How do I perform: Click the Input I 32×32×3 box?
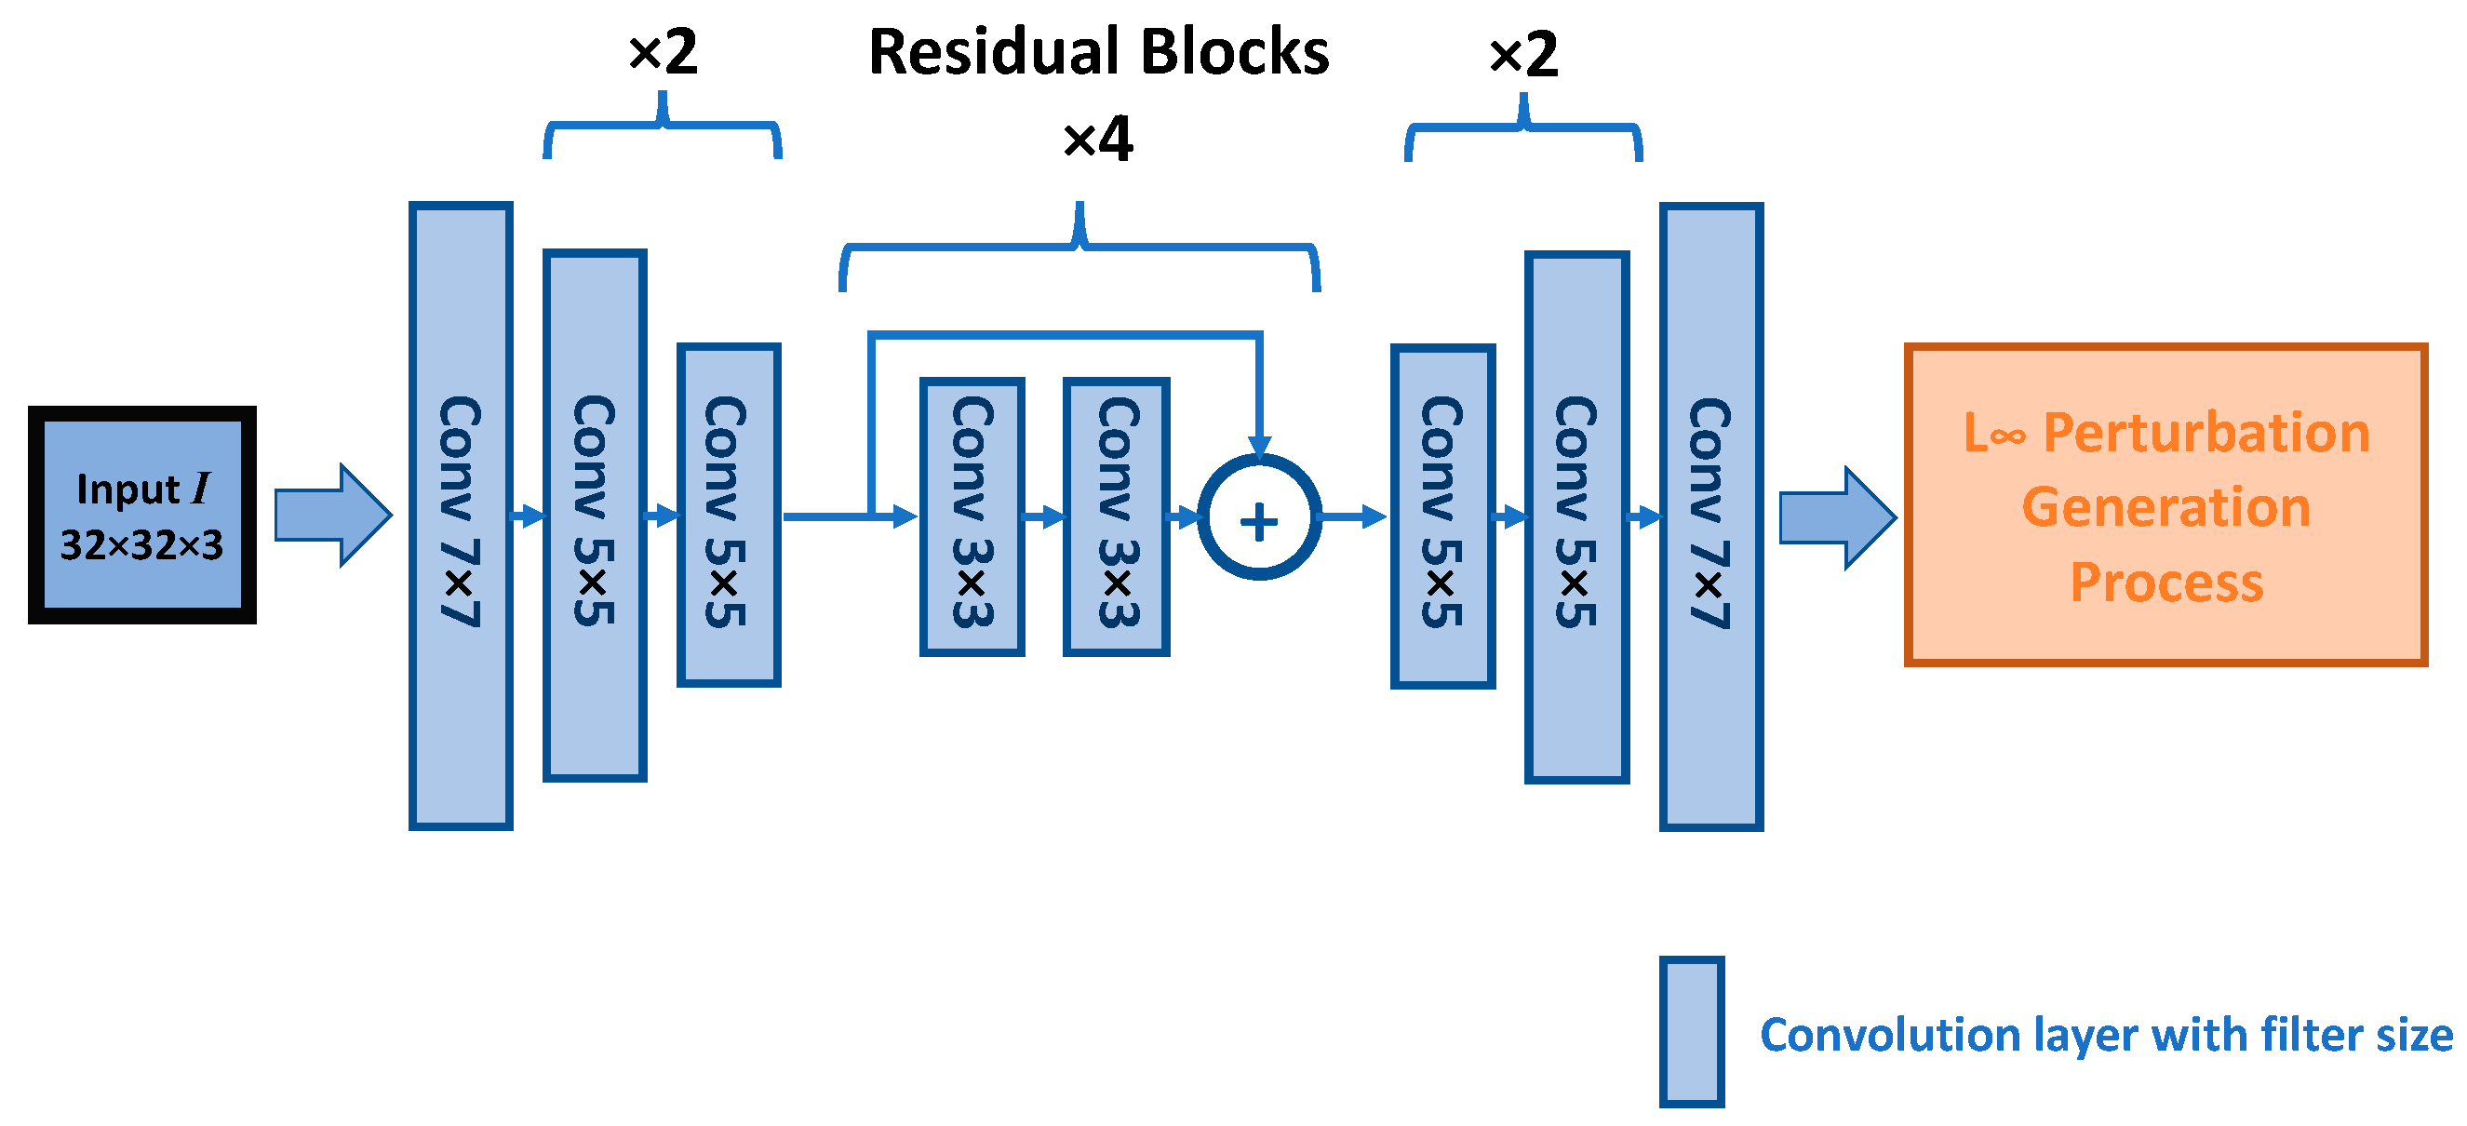click(141, 516)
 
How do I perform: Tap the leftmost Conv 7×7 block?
click(461, 516)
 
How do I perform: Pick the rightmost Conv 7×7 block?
click(1710, 516)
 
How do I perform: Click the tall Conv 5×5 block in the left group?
click(595, 516)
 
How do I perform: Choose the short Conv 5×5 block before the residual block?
click(728, 516)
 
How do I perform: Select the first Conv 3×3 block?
click(972, 516)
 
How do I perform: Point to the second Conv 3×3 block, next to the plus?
click(1116, 516)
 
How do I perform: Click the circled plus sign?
click(1258, 518)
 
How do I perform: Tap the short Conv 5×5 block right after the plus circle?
click(1442, 516)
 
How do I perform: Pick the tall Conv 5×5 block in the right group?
click(1576, 517)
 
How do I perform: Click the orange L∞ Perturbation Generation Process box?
click(2165, 504)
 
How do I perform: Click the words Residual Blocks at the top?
click(1097, 52)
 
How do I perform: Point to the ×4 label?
click(1097, 139)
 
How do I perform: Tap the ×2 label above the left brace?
click(663, 52)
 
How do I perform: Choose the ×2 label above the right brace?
click(1522, 54)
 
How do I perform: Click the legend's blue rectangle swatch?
click(1691, 1031)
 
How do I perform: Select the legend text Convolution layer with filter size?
click(2106, 1035)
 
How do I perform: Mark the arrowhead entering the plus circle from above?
click(1258, 445)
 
